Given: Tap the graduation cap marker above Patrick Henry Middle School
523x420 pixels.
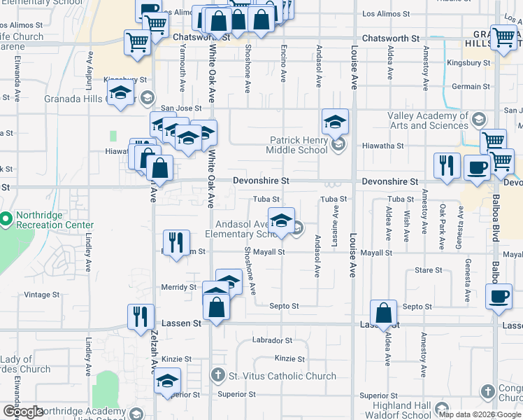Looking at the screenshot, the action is pyautogui.click(x=335, y=122).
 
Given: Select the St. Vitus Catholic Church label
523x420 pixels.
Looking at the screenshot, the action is pyautogui.click(x=282, y=376).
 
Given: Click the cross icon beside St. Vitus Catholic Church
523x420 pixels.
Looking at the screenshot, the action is pyautogui.click(x=218, y=376).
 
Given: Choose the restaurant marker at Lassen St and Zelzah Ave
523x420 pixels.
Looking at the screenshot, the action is pyautogui.click(x=141, y=315).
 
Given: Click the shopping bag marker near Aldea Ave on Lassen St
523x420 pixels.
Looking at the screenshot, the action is pyautogui.click(x=384, y=313).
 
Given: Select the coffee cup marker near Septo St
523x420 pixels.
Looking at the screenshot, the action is pyautogui.click(x=499, y=297).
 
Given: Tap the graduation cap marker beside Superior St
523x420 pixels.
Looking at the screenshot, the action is pyautogui.click(x=167, y=381).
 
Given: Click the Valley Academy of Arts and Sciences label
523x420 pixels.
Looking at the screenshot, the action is pyautogui.click(x=429, y=120).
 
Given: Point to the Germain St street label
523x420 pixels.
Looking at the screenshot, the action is pyautogui.click(x=466, y=86).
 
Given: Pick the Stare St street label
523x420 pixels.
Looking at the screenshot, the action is pyautogui.click(x=428, y=269).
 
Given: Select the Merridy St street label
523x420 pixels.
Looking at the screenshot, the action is pyautogui.click(x=179, y=287).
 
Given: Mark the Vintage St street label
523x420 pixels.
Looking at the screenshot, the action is pyautogui.click(x=43, y=295).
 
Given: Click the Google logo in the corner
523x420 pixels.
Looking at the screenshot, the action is pyautogui.click(x=23, y=412).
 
